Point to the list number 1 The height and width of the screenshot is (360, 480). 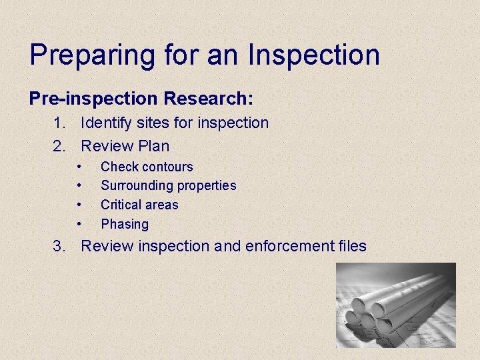point(59,123)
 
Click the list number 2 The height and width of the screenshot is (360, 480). point(59,145)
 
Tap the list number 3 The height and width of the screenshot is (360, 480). point(59,246)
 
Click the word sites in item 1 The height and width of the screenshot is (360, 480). point(155,123)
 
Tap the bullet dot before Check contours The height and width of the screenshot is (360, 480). point(79,166)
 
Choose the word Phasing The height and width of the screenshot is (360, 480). point(125,224)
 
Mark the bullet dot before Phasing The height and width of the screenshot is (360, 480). point(79,223)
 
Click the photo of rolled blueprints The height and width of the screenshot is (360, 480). point(395,305)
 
